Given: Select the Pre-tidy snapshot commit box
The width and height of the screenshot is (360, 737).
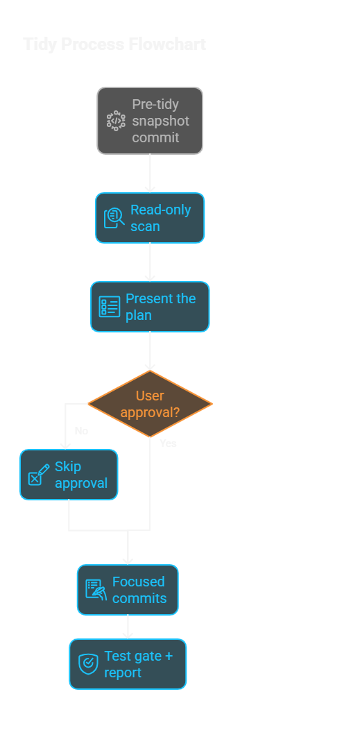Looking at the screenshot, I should click(x=150, y=121).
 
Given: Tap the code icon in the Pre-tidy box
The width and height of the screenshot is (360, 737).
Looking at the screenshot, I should click(x=116, y=121).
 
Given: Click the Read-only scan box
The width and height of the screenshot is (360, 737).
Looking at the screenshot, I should click(x=150, y=218).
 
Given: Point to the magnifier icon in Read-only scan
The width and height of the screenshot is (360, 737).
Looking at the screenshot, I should click(x=114, y=218).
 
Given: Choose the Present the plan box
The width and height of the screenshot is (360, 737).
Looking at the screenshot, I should click(x=150, y=307).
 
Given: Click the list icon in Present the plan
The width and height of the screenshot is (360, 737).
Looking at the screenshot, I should click(x=110, y=307).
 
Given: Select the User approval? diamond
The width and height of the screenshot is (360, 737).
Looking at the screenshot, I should click(x=150, y=404).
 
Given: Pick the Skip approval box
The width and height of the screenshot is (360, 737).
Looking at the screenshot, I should click(x=69, y=475).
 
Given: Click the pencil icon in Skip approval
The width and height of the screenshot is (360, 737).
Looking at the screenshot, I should click(x=38, y=475).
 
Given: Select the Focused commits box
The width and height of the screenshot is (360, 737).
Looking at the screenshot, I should click(x=128, y=590).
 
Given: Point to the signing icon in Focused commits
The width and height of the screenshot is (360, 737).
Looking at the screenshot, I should click(x=96, y=590).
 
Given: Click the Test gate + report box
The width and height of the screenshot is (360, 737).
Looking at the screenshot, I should click(x=128, y=664).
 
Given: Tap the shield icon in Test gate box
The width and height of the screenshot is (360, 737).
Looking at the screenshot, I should click(x=88, y=664).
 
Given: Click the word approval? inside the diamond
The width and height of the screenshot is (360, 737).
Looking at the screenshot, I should click(x=150, y=412).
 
